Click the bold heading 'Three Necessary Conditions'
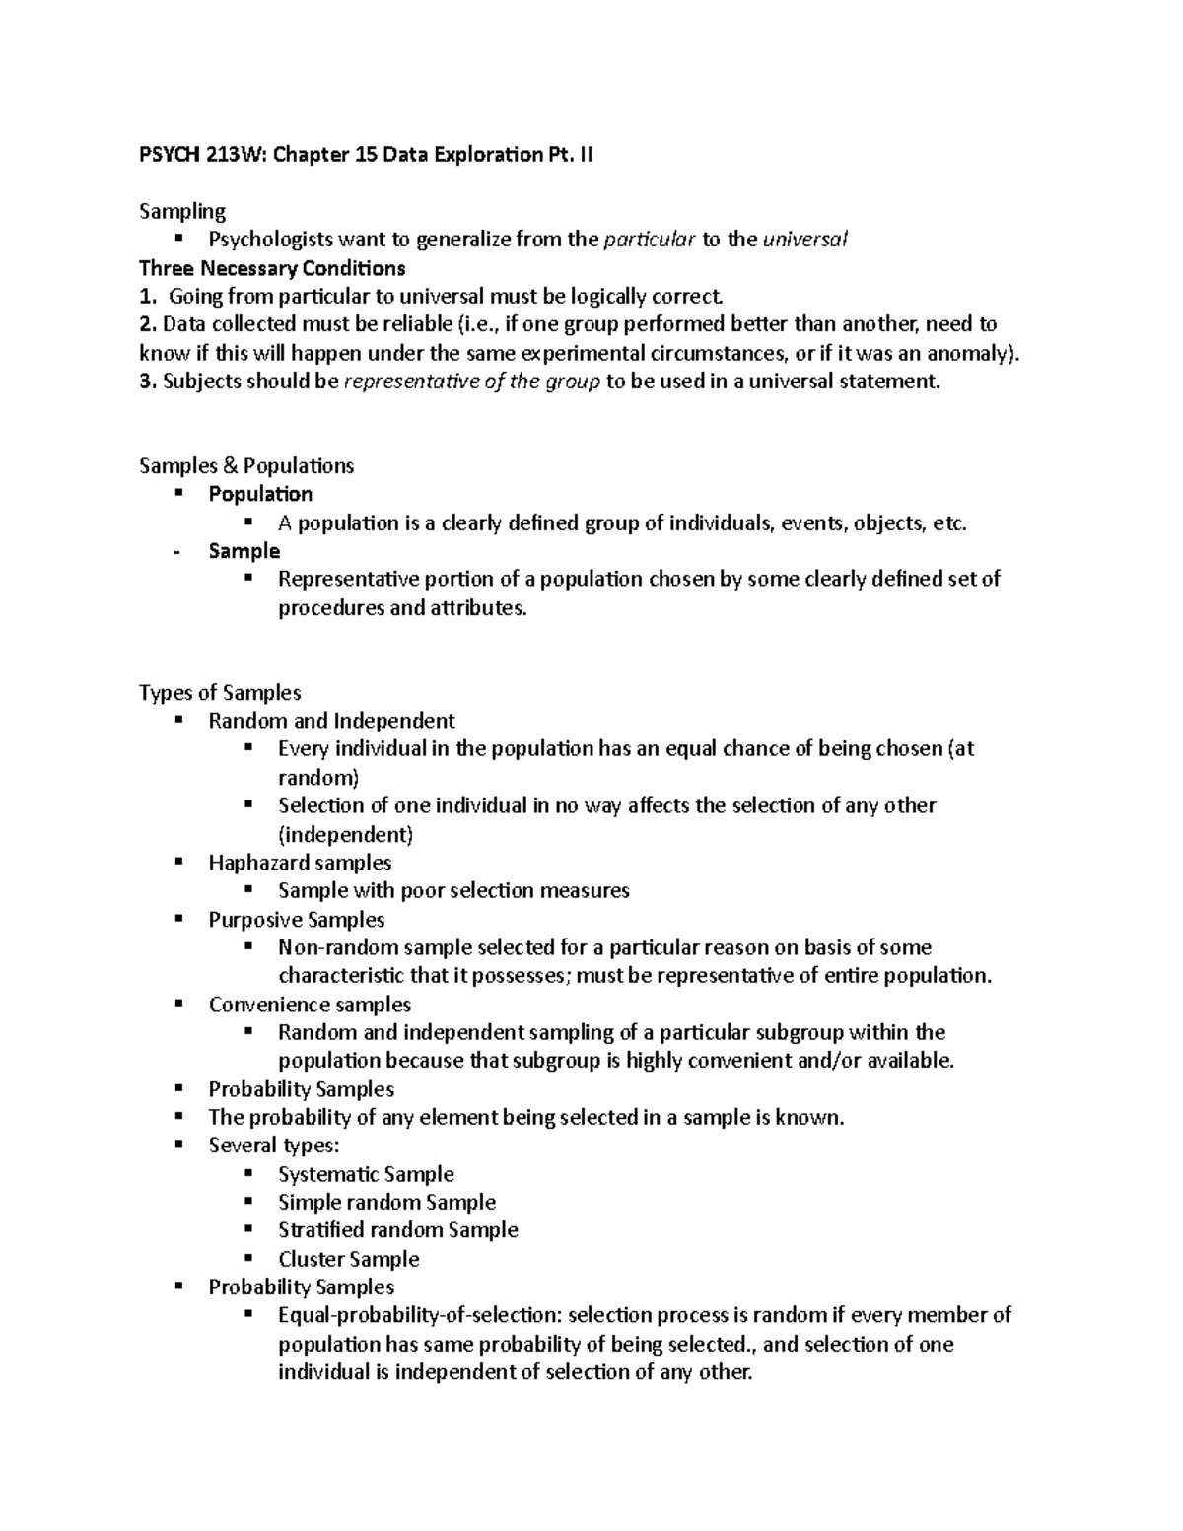pyautogui.click(x=272, y=268)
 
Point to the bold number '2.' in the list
pyautogui.click(x=148, y=324)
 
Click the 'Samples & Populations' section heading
pyautogui.click(x=246, y=465)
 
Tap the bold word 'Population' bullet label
pyautogui.click(x=260, y=494)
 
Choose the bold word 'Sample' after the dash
pyautogui.click(x=244, y=551)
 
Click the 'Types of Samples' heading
pyautogui.click(x=220, y=693)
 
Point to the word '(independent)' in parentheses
pyautogui.click(x=345, y=835)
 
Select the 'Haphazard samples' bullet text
pyautogui.click(x=300, y=863)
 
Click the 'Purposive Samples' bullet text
pyautogui.click(x=296, y=920)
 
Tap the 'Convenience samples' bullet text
pyautogui.click(x=310, y=1005)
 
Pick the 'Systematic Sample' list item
pyautogui.click(x=366, y=1174)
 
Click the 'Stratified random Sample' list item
pyautogui.click(x=397, y=1230)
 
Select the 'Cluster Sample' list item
pyautogui.click(x=348, y=1259)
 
